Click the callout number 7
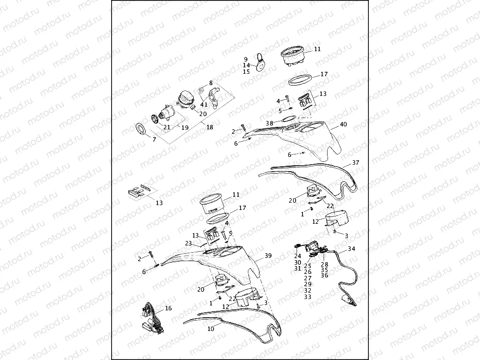(154, 140)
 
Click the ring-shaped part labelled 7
(141, 130)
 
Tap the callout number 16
(168, 308)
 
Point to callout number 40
(343, 124)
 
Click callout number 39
(268, 256)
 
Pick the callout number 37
(356, 162)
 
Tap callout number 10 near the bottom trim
(210, 329)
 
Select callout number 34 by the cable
(351, 249)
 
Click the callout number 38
(269, 123)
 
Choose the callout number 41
(204, 105)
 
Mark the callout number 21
(167, 127)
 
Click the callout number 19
(185, 127)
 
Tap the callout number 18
(210, 127)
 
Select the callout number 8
(211, 83)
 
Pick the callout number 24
(298, 256)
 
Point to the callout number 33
(308, 297)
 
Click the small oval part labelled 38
(289, 118)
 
